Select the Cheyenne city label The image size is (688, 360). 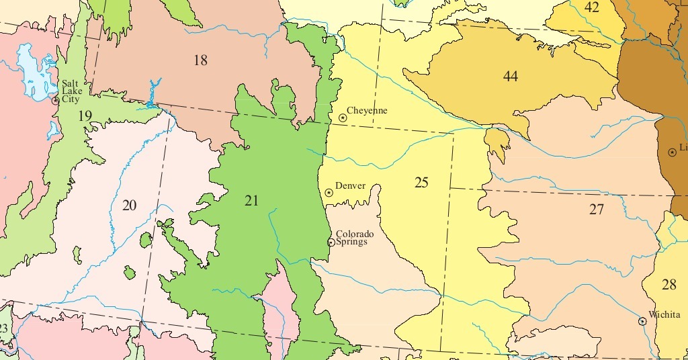click(367, 111)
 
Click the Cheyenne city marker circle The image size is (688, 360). click(343, 118)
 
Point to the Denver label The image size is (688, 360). click(350, 186)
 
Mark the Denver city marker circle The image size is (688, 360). click(329, 193)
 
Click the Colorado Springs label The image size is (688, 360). click(355, 238)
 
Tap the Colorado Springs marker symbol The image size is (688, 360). click(331, 242)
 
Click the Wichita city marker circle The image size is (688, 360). click(642, 322)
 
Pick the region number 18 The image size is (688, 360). click(200, 60)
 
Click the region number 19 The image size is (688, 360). click(85, 116)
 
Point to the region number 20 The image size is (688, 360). click(129, 206)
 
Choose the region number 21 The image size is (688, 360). click(251, 200)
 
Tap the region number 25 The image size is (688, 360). click(421, 183)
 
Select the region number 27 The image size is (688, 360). click(597, 210)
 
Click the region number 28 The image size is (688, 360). click(669, 285)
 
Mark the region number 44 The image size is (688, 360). click(511, 77)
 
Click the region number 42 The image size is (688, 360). click(592, 8)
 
